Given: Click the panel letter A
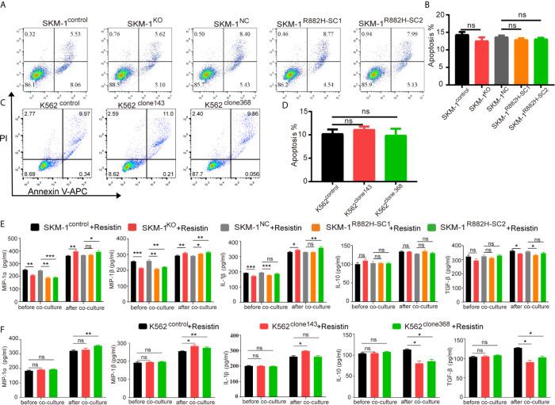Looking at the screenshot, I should pyautogui.click(x=6, y=6).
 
